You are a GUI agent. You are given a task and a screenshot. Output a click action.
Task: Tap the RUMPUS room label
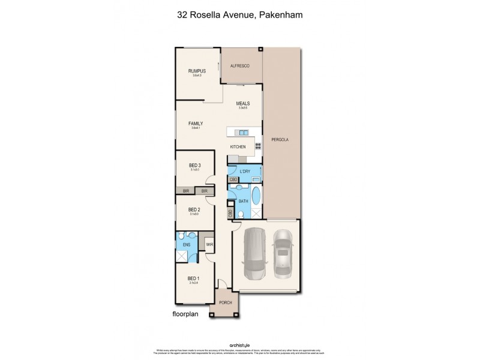point(197,71)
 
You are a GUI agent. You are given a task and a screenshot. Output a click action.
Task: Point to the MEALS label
point(243,103)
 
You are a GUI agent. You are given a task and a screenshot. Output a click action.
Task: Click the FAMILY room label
point(196,124)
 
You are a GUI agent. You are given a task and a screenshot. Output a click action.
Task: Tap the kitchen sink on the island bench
point(242,132)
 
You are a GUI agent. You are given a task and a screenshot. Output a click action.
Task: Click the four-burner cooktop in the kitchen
point(259,145)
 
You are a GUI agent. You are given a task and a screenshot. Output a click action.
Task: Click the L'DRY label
point(245,172)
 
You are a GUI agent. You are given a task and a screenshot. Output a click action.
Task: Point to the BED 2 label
point(194,209)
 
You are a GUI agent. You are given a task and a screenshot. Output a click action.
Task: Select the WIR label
point(210,245)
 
